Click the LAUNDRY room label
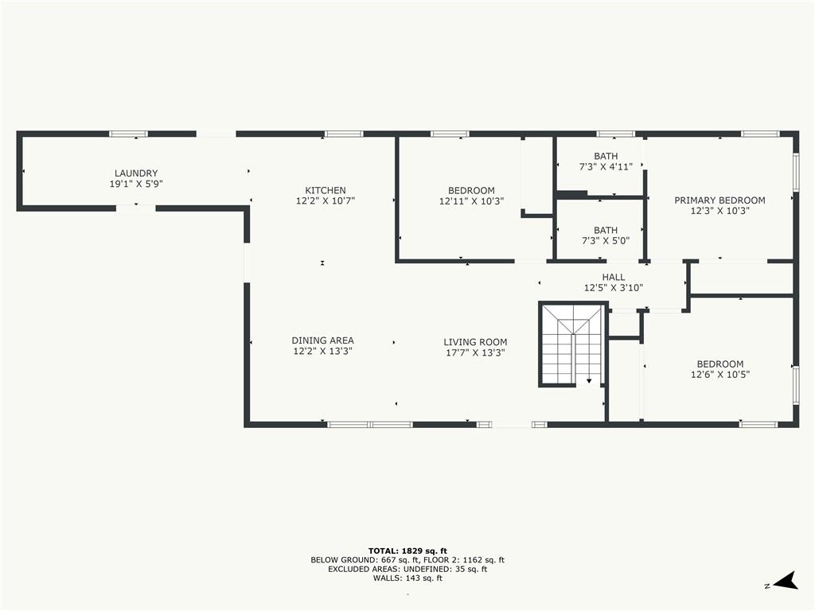click(x=136, y=173)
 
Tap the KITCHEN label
click(x=326, y=190)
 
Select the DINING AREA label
click(x=323, y=341)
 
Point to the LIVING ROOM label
click(x=475, y=342)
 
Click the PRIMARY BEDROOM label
click(x=719, y=200)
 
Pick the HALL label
click(x=614, y=277)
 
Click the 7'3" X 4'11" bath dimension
click(x=606, y=167)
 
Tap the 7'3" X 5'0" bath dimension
click(x=606, y=240)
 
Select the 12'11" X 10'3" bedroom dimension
click(x=471, y=201)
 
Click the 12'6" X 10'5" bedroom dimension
click(x=719, y=374)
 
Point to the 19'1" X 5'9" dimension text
click(x=136, y=184)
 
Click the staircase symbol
click(x=572, y=344)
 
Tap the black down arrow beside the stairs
click(x=589, y=381)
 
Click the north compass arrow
click(x=786, y=581)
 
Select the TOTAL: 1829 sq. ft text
click(x=407, y=551)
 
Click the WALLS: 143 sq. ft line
click(x=407, y=578)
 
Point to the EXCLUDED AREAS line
click(x=407, y=569)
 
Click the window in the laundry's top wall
click(x=128, y=134)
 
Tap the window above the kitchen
click(x=344, y=134)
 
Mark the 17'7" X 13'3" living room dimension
click(x=475, y=352)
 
